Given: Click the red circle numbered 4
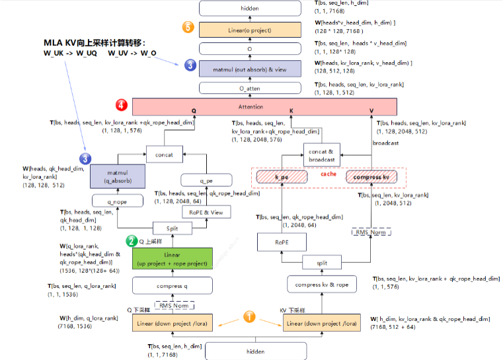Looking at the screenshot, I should coord(121,105).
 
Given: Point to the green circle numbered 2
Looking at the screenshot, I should coord(132,242).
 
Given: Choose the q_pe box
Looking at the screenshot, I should coord(206,180).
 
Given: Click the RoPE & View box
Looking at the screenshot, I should coord(206,211).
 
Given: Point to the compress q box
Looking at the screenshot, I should coord(173,285).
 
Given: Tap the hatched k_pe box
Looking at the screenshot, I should coord(282,176).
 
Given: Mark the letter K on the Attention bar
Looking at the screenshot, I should coord(291,111).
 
